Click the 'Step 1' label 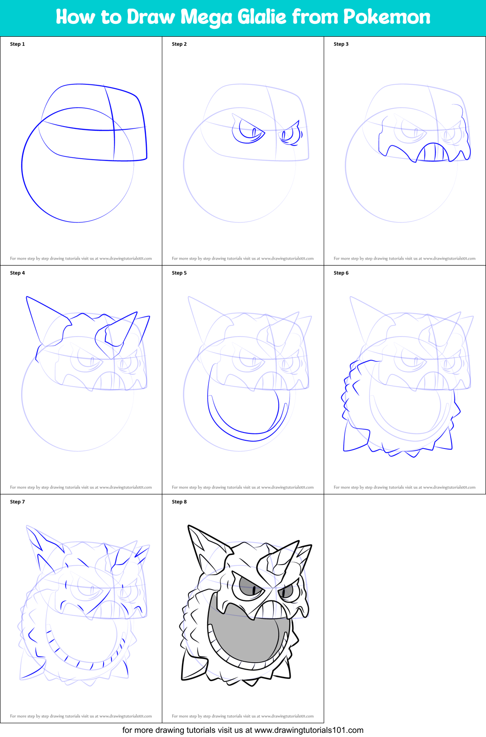pos(17,44)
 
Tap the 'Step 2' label pos(179,44)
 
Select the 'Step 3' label pos(341,44)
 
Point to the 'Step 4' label pos(17,273)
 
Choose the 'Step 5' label pos(179,273)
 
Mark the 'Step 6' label pos(341,273)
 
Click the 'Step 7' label pos(17,502)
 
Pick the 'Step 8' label pos(179,502)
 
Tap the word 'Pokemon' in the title pos(387,17)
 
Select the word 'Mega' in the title pos(206,17)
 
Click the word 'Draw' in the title pos(151,17)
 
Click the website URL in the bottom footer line pos(309,730)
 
